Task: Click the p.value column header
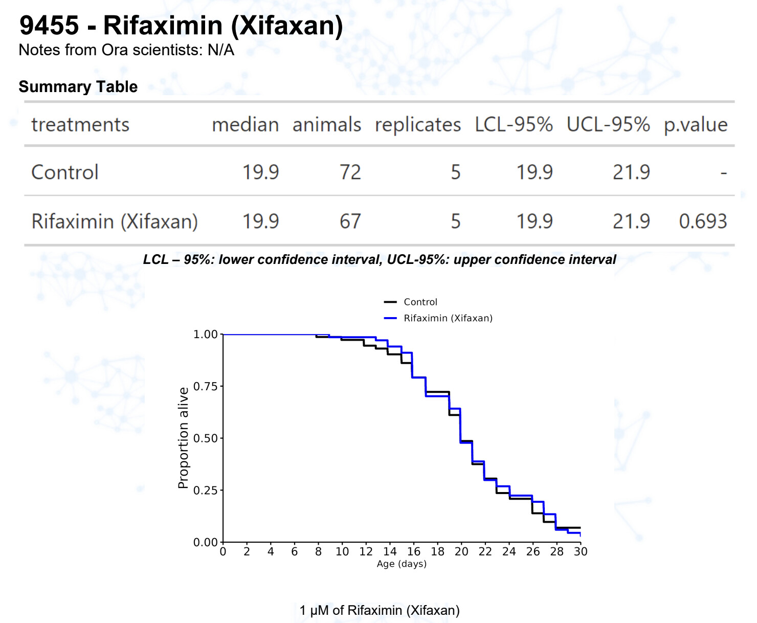click(695, 125)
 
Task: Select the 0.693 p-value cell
click(703, 221)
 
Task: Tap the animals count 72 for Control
click(350, 172)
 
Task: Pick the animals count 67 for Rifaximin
click(350, 221)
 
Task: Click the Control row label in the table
click(65, 172)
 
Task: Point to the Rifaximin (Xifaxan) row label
click(115, 221)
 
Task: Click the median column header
click(246, 125)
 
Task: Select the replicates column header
click(417, 125)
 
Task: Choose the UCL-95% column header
click(608, 125)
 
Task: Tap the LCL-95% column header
click(514, 125)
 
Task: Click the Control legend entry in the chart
click(420, 302)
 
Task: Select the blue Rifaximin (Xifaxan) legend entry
click(448, 318)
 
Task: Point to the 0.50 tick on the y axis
click(206, 438)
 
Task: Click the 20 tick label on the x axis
click(461, 551)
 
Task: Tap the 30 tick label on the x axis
click(581, 551)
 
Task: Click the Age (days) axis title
click(402, 564)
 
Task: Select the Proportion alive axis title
click(183, 438)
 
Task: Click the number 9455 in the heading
click(49, 26)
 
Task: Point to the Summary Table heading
click(78, 87)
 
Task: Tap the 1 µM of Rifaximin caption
click(380, 610)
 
